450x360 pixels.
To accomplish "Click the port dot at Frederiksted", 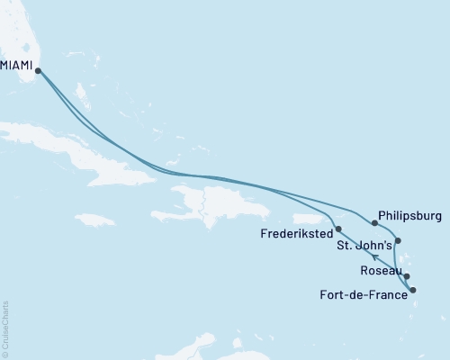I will [x=338, y=229].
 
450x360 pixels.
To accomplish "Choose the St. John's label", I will [x=364, y=244].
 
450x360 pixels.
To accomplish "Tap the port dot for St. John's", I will [x=399, y=241].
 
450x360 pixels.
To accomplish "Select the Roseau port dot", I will [x=408, y=277].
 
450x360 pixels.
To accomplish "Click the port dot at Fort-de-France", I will [x=413, y=290].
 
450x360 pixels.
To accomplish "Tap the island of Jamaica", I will [x=95, y=220].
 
